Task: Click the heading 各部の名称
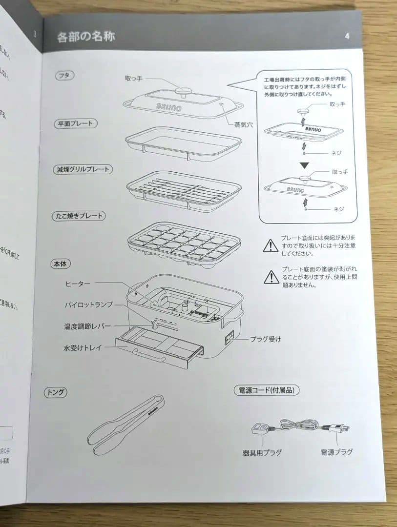[86, 37]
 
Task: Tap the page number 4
[347, 36]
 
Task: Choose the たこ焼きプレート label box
[79, 215]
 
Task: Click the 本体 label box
[61, 263]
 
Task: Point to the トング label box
[56, 392]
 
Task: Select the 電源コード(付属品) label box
[266, 390]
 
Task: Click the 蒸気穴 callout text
[243, 124]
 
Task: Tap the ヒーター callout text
[78, 284]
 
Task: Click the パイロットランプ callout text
[88, 304]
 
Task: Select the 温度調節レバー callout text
[87, 326]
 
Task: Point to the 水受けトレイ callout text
[84, 348]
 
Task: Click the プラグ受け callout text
[266, 339]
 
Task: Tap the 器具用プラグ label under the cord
[262, 452]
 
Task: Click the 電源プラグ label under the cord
[336, 452]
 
